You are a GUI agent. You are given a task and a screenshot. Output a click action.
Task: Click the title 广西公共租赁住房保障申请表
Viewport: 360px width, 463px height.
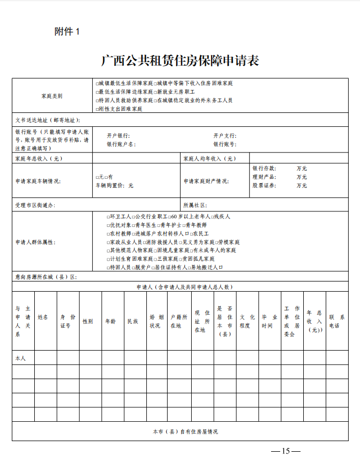[180, 60]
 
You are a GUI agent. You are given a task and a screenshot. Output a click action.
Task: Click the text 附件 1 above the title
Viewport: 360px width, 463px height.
[67, 32]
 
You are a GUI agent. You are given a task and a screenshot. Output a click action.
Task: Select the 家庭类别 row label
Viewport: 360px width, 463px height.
[51, 96]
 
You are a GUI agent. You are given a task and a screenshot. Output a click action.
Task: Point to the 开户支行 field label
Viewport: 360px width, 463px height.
[224, 135]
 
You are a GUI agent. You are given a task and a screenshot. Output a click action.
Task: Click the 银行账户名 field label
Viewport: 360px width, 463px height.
[121, 144]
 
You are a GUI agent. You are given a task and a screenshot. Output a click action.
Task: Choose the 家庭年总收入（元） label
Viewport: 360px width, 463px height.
[39, 158]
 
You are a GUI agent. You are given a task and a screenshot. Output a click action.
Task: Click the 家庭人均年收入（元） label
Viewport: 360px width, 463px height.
[209, 158]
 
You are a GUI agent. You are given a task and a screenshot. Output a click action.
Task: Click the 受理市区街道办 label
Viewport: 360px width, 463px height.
[35, 205]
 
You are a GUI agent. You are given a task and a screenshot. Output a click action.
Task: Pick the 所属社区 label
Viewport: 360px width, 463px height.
[195, 205]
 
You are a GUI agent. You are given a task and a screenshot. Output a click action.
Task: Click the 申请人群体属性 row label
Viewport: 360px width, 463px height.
[35, 242]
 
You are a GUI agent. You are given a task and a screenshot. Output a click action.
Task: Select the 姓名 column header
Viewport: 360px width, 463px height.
[43, 316]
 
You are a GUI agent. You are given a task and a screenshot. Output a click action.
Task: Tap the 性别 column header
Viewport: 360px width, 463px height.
[87, 321]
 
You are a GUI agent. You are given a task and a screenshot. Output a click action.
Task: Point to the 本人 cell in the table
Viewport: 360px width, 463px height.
[20, 358]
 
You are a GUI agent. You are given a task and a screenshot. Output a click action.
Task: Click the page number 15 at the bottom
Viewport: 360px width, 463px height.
[286, 451]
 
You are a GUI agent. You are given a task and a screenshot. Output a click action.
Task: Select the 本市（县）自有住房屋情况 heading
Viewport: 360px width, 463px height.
[185, 431]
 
